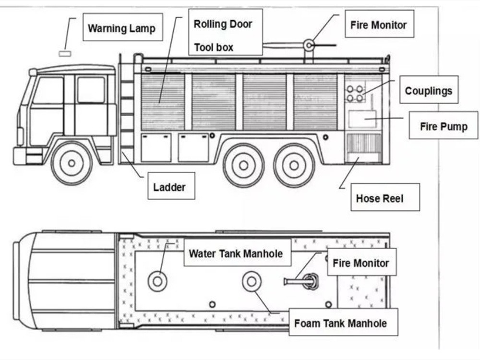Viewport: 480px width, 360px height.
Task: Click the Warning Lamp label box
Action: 122,28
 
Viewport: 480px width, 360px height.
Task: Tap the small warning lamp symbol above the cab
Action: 64,53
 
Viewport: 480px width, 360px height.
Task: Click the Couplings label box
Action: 429,90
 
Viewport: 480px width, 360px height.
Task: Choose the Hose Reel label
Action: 380,198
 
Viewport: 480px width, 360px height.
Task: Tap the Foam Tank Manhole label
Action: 340,323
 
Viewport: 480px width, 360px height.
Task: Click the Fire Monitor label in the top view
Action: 361,263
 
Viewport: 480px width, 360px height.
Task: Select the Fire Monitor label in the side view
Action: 378,24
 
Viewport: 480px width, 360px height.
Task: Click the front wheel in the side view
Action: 72,163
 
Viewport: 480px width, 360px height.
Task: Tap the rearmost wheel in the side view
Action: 294,165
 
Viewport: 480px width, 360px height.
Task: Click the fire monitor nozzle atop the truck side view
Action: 309,46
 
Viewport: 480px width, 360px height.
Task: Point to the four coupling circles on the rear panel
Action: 355,93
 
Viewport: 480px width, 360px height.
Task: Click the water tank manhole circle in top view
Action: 157,281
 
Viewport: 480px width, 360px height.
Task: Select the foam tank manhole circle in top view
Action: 252,281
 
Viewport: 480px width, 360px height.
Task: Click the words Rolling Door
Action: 223,24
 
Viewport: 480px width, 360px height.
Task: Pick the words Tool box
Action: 214,47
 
